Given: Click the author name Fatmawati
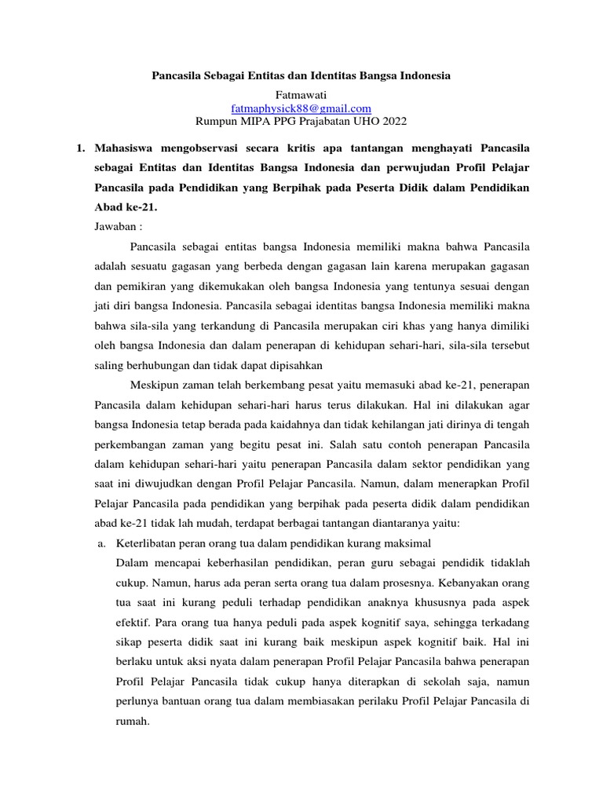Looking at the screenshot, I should click(301, 93).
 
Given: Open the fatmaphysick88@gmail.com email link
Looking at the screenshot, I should click(301, 108).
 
